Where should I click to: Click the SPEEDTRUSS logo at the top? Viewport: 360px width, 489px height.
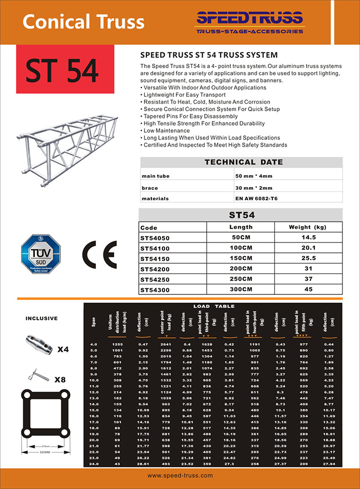[250, 22]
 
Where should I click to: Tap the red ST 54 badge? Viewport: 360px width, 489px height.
[62, 71]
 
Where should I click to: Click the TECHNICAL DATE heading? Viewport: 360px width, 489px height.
[243, 162]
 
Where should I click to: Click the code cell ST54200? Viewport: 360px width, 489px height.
[154, 269]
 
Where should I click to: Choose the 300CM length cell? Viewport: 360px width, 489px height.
[240, 290]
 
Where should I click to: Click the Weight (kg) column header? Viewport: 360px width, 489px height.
[308, 227]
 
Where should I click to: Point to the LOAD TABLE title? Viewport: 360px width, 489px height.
[213, 306]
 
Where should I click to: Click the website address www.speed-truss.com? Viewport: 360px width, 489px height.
[180, 476]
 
